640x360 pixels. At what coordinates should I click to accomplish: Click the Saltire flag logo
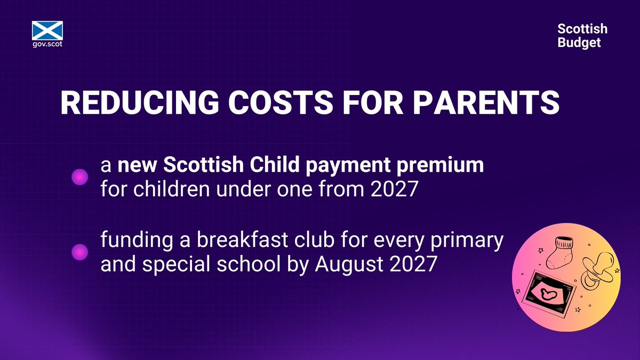pyautogui.click(x=48, y=30)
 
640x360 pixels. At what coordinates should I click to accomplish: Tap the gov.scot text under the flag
pyautogui.click(x=48, y=44)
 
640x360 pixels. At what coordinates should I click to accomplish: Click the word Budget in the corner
pyautogui.click(x=579, y=42)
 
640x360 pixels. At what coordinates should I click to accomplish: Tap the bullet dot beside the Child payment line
pyautogui.click(x=79, y=178)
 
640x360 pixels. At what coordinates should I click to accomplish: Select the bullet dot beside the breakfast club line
pyautogui.click(x=79, y=251)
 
